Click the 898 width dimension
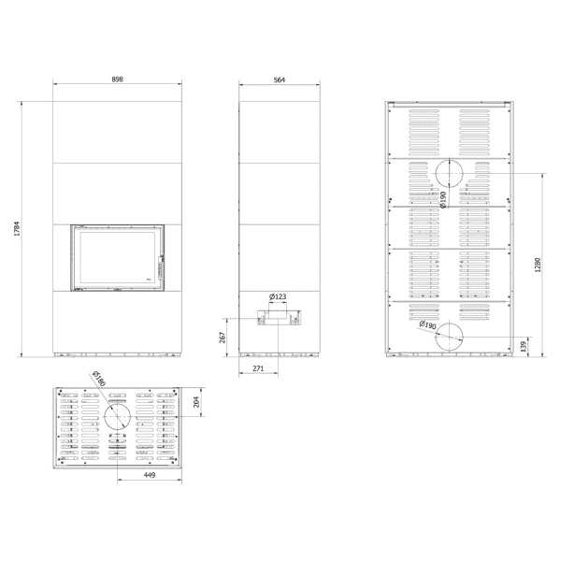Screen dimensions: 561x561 118,79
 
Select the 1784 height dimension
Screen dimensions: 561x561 17,229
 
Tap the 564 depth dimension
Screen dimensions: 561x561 279,79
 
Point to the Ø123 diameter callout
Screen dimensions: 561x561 278,296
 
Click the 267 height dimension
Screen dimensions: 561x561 222,338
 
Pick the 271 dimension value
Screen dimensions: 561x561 258,368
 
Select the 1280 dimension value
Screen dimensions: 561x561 538,266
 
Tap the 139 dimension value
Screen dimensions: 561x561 524,346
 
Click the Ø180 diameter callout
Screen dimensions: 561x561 98,379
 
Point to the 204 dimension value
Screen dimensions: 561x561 196,402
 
